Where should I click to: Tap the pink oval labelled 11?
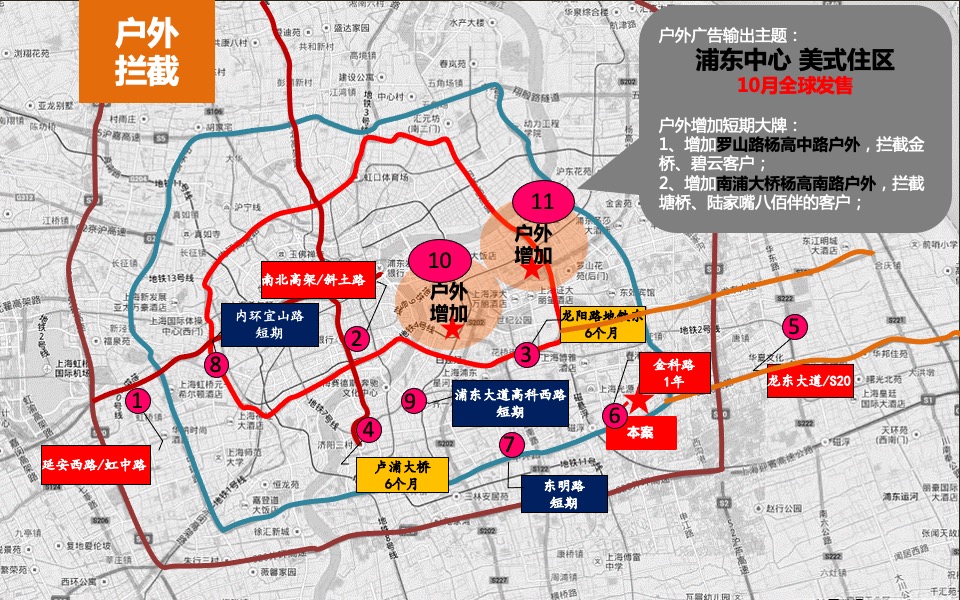(x=542, y=201)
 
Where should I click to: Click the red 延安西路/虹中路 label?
(x=96, y=465)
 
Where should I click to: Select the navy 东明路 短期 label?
(x=564, y=494)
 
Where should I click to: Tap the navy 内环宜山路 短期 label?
(x=269, y=323)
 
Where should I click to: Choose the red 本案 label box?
(x=641, y=432)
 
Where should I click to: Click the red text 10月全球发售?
(x=794, y=85)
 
